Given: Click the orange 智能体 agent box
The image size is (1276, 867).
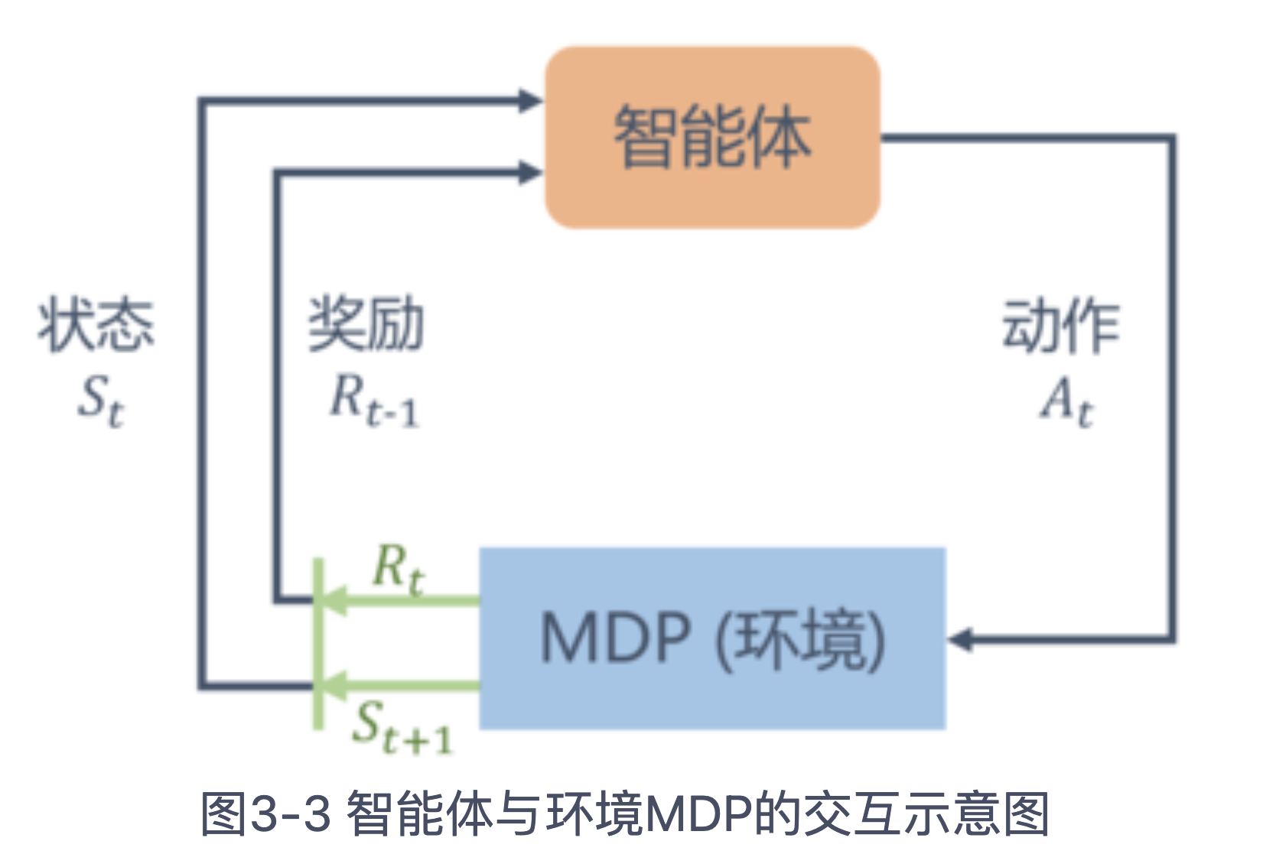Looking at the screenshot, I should pos(712,138).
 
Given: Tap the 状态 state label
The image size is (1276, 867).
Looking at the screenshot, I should pos(96,326).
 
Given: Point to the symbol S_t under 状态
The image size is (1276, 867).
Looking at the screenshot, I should pos(100,401).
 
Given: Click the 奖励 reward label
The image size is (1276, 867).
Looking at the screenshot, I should pos(366,324).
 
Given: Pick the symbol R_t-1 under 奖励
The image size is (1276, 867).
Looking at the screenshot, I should pos(374,402).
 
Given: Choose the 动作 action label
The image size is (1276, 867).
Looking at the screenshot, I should pos(1061,326).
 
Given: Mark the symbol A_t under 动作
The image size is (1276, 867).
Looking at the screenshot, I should pos(1066,402).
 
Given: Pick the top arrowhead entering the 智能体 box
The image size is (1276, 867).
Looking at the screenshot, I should pos(529,100).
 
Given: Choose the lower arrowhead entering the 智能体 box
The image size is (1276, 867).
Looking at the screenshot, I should pos(529,172).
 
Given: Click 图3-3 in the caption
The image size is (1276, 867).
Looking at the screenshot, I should pos(265,813).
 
